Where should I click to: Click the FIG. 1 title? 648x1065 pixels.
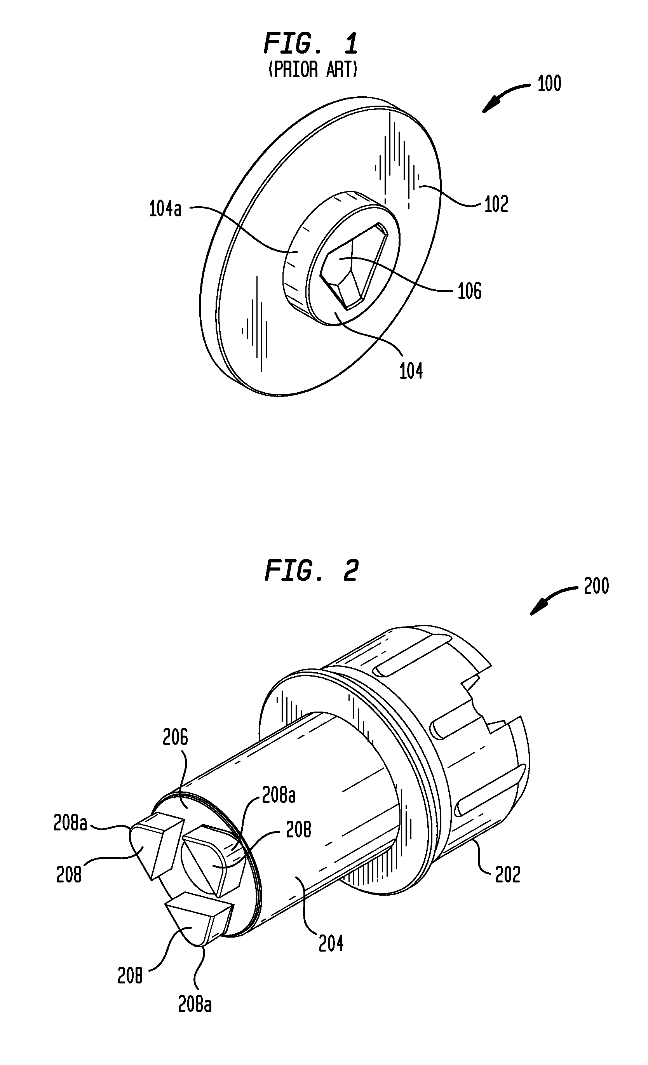tap(311, 44)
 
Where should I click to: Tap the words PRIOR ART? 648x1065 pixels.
tap(313, 69)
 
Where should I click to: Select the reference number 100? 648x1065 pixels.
tap(549, 84)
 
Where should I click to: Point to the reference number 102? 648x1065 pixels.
tap(496, 204)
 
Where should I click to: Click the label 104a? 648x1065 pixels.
tap(165, 209)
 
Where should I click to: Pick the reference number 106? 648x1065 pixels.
tap(469, 291)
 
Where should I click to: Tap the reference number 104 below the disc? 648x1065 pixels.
tap(411, 371)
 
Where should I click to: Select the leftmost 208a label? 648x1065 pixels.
tap(70, 823)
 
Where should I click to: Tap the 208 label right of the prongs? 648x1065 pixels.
tap(299, 830)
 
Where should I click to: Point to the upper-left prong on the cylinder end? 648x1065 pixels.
tap(156, 843)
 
